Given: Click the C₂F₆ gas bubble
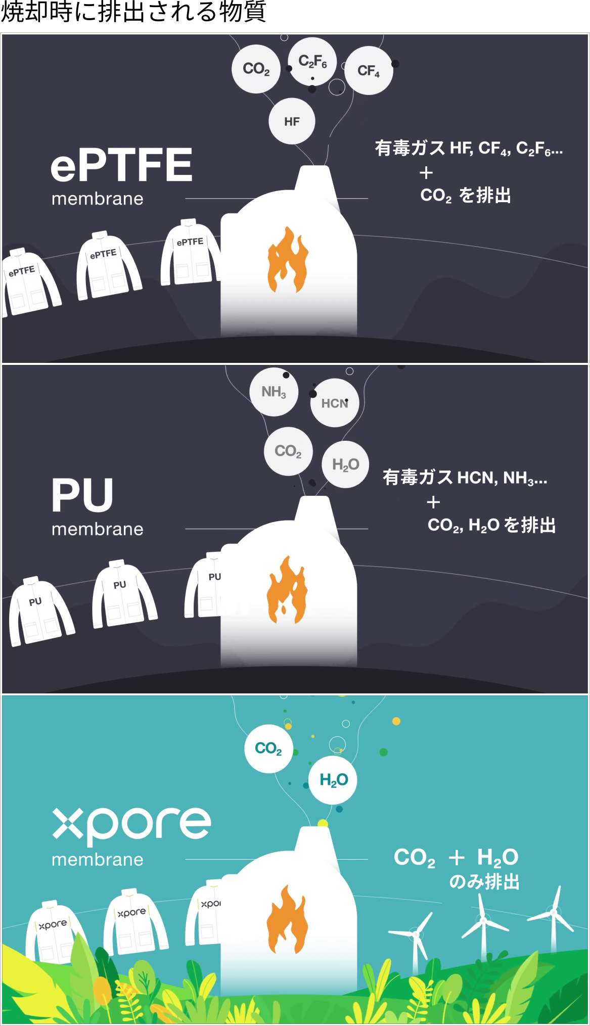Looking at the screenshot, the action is click(x=312, y=62).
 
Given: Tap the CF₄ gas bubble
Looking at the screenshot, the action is click(x=369, y=70).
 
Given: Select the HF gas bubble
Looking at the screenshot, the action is click(x=292, y=121).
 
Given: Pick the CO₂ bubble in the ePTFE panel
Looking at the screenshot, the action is click(x=256, y=69).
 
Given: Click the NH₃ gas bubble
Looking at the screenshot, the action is click(x=274, y=392).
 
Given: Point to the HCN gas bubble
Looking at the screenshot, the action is click(x=335, y=403).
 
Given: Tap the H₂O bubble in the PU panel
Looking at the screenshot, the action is click(x=346, y=464).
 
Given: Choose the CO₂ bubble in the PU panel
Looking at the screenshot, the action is click(x=288, y=451).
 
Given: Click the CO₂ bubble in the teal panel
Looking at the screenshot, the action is click(x=268, y=749).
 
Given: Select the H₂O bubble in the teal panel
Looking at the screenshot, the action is click(x=333, y=780).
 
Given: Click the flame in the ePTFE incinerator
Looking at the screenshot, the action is click(x=288, y=260).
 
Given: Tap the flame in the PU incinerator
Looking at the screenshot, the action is click(x=287, y=590).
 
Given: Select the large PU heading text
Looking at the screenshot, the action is click(x=82, y=495).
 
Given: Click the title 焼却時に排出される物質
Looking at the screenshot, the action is click(x=133, y=12).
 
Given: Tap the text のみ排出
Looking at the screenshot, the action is click(x=484, y=882).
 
